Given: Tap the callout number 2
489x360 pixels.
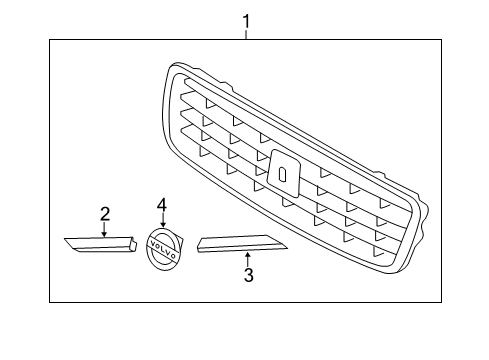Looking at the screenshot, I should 104,212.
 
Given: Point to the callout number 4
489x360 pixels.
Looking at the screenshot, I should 161,205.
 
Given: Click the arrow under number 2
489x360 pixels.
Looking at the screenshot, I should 104,228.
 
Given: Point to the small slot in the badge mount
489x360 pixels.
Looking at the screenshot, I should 283,173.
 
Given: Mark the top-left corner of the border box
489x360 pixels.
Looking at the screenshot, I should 52,39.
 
